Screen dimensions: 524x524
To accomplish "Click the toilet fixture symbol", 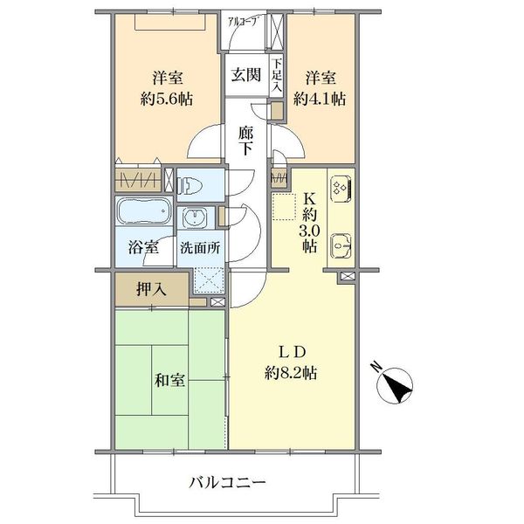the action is point(190,185).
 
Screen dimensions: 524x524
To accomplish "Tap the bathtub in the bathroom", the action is point(143,211).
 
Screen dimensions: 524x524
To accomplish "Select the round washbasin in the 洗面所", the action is point(196,217).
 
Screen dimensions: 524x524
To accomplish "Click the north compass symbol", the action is point(394,384).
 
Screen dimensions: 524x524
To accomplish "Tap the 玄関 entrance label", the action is point(246,74).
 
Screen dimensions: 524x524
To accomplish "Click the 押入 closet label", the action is point(151,289).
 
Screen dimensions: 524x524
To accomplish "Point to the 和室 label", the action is point(169,380).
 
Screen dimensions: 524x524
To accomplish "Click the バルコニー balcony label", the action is point(227,483).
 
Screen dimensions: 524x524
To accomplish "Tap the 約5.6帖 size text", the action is point(167,100).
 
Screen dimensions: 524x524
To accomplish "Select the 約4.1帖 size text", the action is point(320,100).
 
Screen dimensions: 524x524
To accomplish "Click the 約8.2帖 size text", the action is point(291,373).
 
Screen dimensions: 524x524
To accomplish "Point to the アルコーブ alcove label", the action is point(244,23).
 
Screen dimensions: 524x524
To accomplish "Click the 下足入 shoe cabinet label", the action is point(276,76).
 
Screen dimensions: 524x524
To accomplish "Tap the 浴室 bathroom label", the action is point(144,248).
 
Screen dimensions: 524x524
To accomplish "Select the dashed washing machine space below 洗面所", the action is point(209,280).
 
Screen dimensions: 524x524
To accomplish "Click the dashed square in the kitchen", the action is point(284,206).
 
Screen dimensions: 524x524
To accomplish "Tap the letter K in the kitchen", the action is point(309,200).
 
